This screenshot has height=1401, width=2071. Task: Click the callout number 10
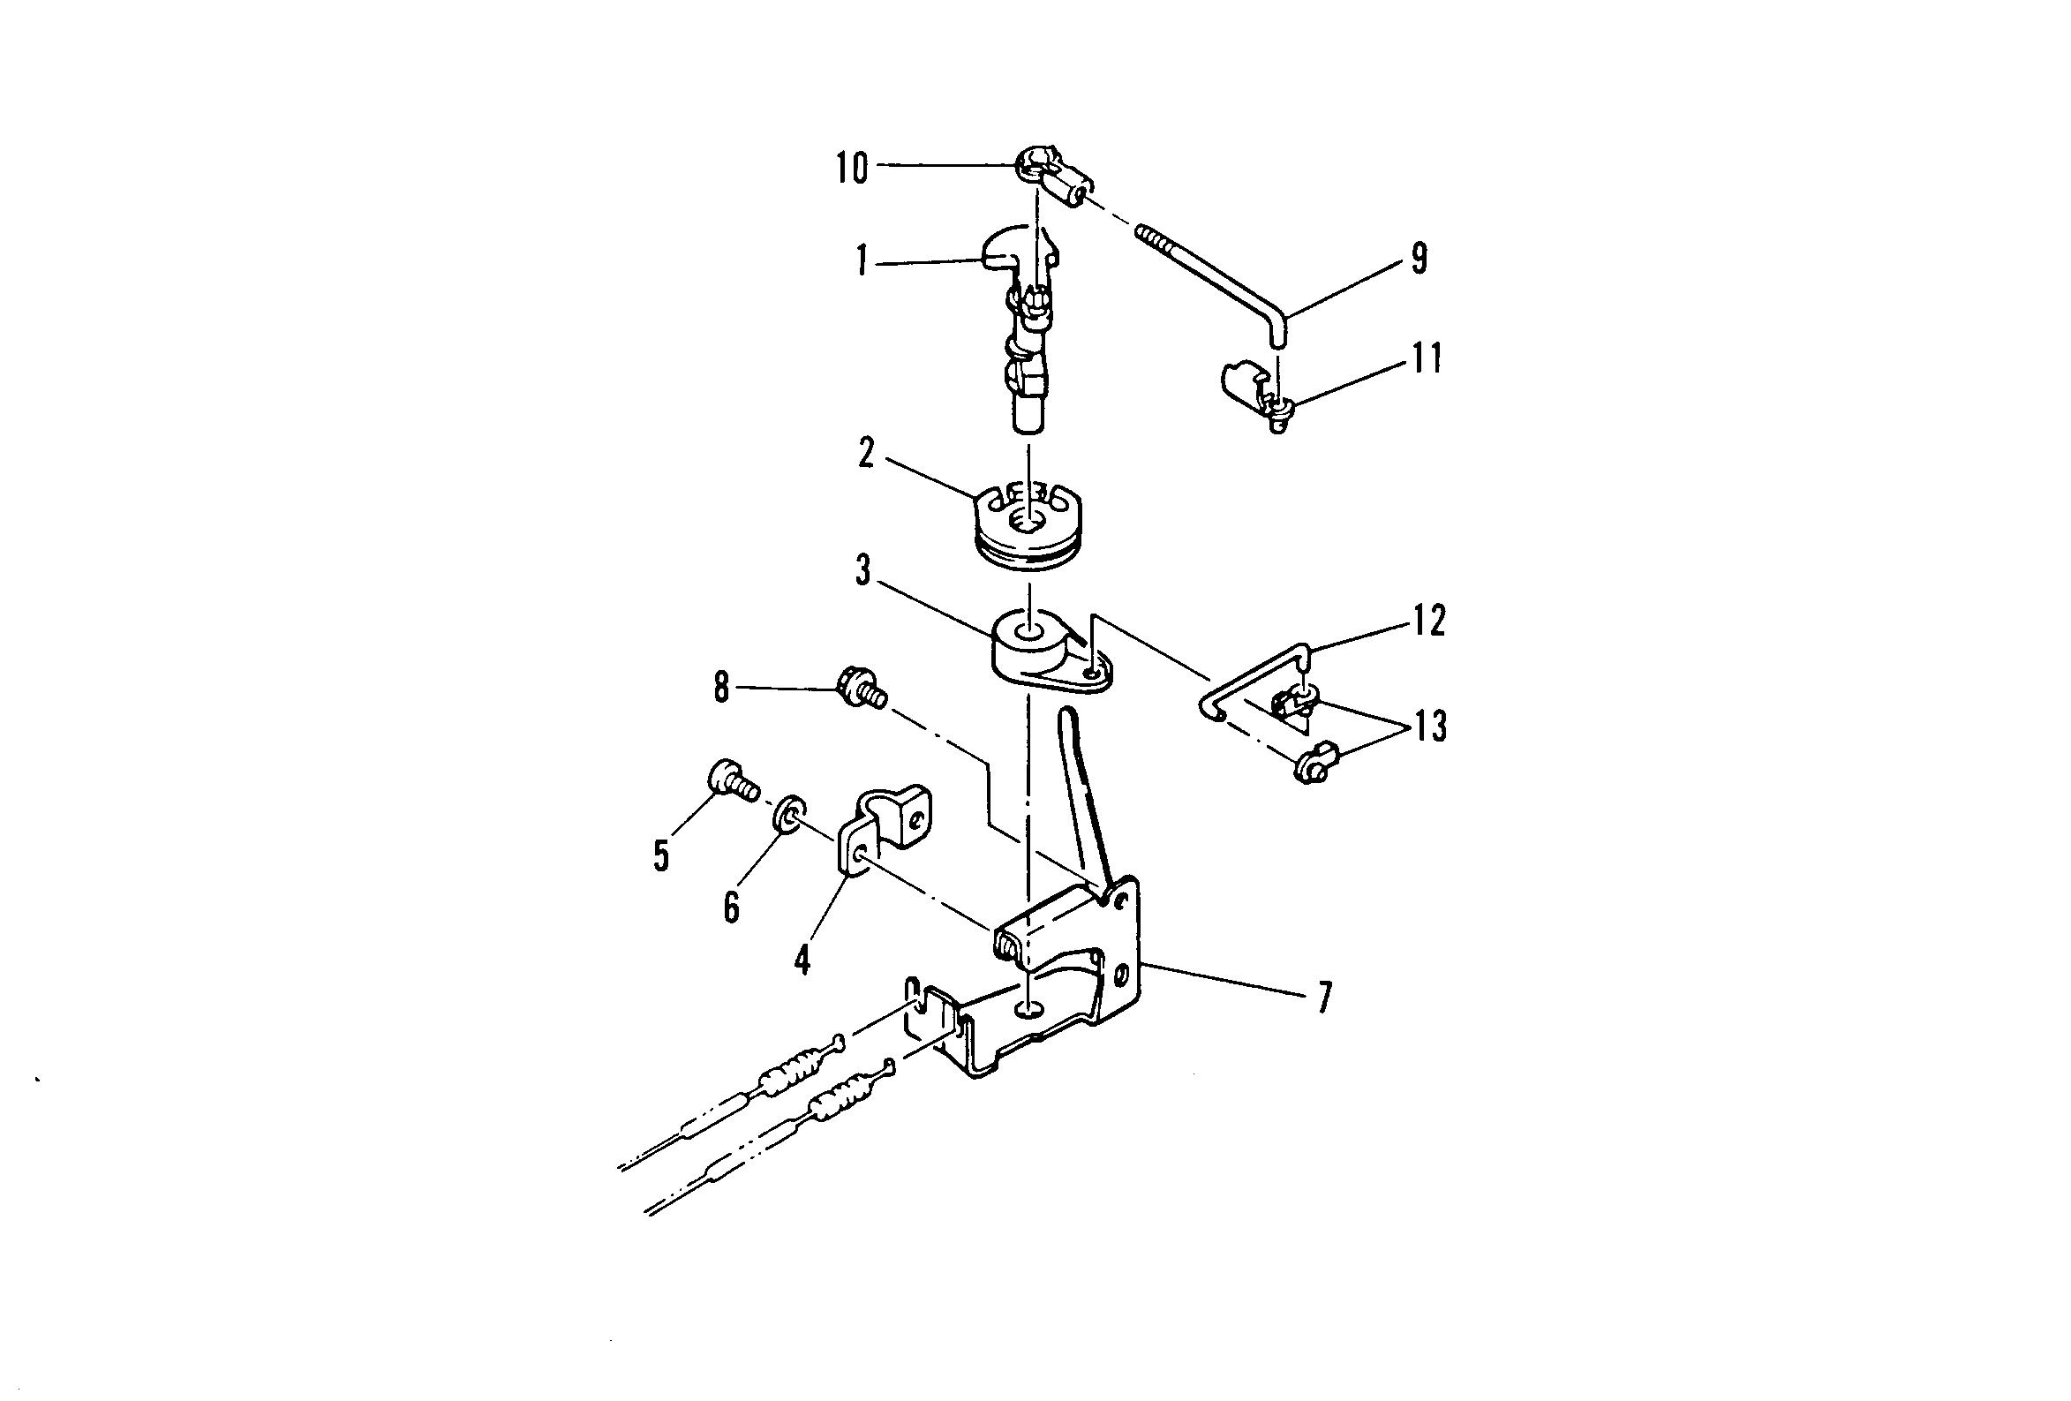[x=851, y=168]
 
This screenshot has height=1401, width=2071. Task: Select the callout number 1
[x=861, y=262]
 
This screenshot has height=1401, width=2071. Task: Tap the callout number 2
[x=866, y=454]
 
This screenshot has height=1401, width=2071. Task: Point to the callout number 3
[x=862, y=571]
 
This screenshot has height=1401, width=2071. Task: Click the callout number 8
[x=721, y=687]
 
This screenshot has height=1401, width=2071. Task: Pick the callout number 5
[x=660, y=855]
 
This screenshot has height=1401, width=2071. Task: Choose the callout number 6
[x=732, y=908]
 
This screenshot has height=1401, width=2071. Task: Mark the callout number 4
[x=803, y=960]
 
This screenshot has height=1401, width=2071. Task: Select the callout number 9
[x=1420, y=259]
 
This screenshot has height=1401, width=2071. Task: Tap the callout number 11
[x=1427, y=358]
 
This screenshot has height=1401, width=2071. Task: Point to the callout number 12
[x=1428, y=621]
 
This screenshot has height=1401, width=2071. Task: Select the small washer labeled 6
[x=787, y=814]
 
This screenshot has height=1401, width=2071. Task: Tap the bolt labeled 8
[x=859, y=689]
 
